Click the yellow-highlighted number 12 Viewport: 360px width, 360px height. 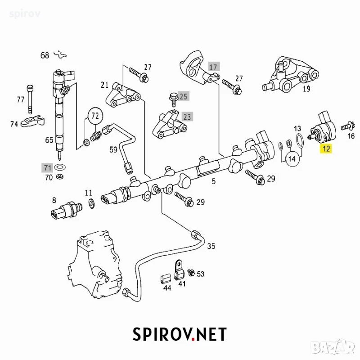[x=326, y=148]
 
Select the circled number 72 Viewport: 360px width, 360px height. [x=95, y=116]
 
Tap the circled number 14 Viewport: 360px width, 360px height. [x=292, y=159]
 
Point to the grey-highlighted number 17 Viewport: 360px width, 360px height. [x=214, y=67]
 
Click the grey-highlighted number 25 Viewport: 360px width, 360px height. [x=183, y=96]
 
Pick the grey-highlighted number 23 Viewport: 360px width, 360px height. [x=187, y=117]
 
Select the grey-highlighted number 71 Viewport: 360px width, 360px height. [x=47, y=167]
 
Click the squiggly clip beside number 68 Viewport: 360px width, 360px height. [x=60, y=54]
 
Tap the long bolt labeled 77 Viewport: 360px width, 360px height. [x=30, y=99]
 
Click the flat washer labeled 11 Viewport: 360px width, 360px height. [x=91, y=203]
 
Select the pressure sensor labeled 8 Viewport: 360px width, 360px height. [x=66, y=210]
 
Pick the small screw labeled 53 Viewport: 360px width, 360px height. [x=191, y=273]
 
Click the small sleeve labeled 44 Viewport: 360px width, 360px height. [x=166, y=279]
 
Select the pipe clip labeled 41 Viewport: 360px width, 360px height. [x=179, y=270]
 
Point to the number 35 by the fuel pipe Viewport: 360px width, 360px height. [x=211, y=246]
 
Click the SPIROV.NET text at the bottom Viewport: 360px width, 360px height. [x=180, y=334]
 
